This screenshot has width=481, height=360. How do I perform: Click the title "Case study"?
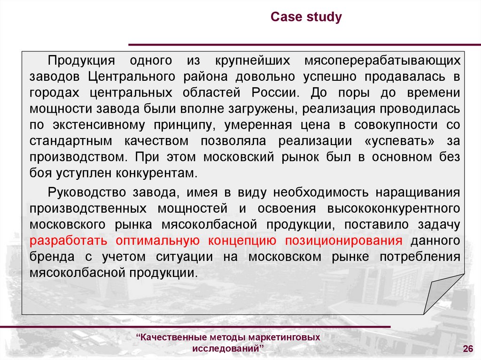(306, 17)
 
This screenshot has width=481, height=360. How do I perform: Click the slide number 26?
(467, 348)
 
